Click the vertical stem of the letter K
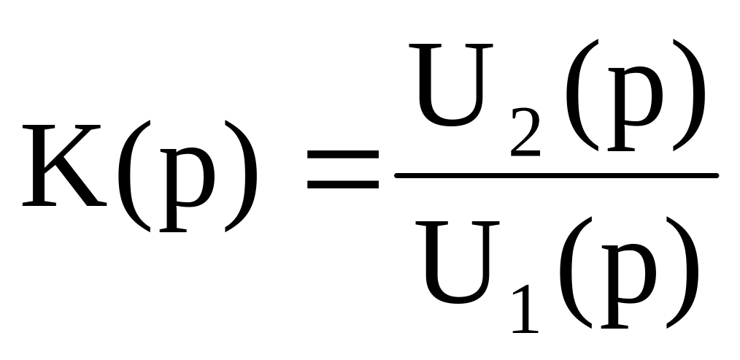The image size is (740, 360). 41,166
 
